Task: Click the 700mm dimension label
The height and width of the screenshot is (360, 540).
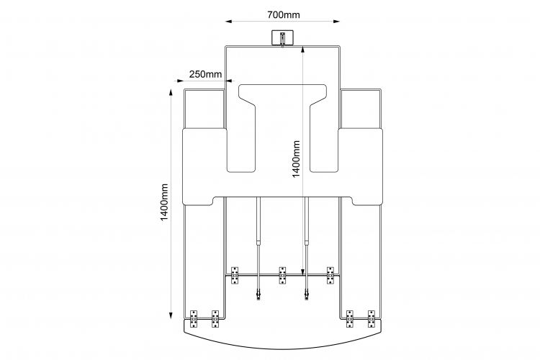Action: click(x=284, y=15)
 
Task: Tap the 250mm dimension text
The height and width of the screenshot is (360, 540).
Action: click(x=205, y=74)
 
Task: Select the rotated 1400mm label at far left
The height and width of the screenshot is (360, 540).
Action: click(x=165, y=202)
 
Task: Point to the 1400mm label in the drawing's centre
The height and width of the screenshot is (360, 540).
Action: click(x=297, y=159)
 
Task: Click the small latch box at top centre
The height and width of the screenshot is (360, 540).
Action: click(x=282, y=37)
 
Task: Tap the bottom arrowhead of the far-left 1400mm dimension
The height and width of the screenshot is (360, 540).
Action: click(x=171, y=315)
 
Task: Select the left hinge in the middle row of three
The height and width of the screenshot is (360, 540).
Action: click(x=235, y=275)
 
